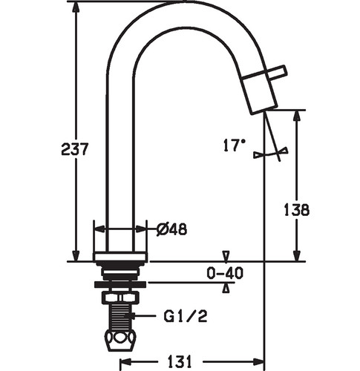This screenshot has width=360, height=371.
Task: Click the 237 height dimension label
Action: (x=74, y=149)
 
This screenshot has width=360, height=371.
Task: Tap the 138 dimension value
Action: (x=297, y=210)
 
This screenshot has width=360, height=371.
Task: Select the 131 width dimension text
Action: (x=180, y=362)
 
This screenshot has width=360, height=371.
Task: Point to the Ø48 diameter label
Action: (x=172, y=229)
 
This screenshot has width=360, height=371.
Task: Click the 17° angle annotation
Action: (x=235, y=145)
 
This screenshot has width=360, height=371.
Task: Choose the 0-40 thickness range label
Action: (x=225, y=273)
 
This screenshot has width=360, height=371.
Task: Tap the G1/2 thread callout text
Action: (x=186, y=316)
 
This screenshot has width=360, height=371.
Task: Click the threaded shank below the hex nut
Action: (x=120, y=317)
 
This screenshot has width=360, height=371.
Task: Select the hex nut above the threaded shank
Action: (x=120, y=298)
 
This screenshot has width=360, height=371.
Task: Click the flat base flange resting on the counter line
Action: (x=120, y=257)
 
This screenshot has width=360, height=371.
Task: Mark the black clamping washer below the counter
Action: (x=120, y=285)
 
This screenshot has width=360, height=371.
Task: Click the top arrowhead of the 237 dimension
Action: (x=76, y=7)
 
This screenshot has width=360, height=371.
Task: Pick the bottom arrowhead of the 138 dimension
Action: (x=297, y=256)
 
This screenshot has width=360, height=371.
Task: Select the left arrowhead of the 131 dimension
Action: (x=125, y=362)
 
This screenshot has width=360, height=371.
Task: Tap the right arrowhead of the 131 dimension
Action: (x=259, y=362)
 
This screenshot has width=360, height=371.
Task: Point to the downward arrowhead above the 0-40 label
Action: (x=226, y=256)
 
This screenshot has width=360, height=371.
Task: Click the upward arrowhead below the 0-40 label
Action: (x=226, y=288)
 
